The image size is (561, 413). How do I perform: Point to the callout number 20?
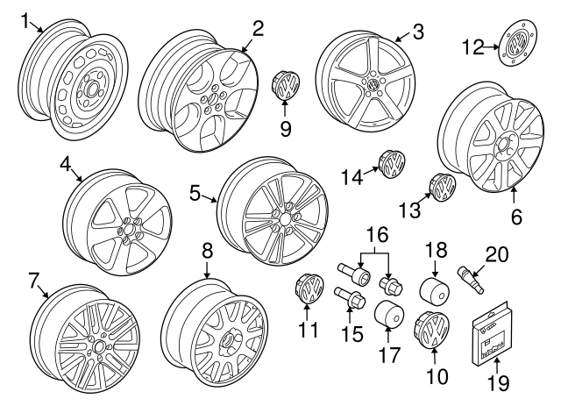click(x=496, y=254)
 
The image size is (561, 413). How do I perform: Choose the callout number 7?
click(x=33, y=281)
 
